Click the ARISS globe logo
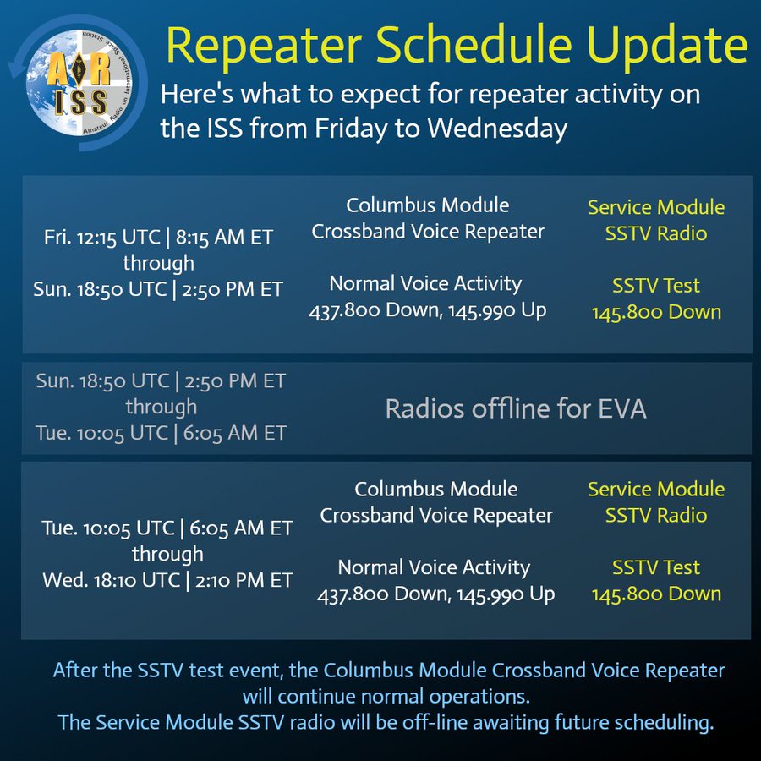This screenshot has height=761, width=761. click(x=78, y=83)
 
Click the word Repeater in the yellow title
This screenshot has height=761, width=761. click(x=265, y=45)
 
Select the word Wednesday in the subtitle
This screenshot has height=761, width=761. click(x=497, y=129)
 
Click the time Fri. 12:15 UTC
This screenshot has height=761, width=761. click(x=102, y=238)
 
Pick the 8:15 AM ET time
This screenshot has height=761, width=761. click(x=224, y=238)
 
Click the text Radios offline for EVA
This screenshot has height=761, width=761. click(x=516, y=408)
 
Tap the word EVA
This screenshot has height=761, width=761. click(x=621, y=408)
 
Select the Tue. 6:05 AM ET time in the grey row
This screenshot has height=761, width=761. click(x=234, y=433)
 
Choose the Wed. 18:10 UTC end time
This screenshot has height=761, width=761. click(x=111, y=580)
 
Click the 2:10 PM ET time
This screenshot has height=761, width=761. click(x=244, y=580)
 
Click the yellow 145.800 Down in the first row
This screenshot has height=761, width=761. click(x=656, y=313)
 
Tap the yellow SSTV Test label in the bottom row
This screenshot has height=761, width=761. click(x=656, y=567)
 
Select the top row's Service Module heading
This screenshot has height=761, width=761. click(x=656, y=207)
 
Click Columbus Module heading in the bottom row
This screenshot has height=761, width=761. click(x=435, y=490)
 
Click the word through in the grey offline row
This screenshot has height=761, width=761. click(x=162, y=408)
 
